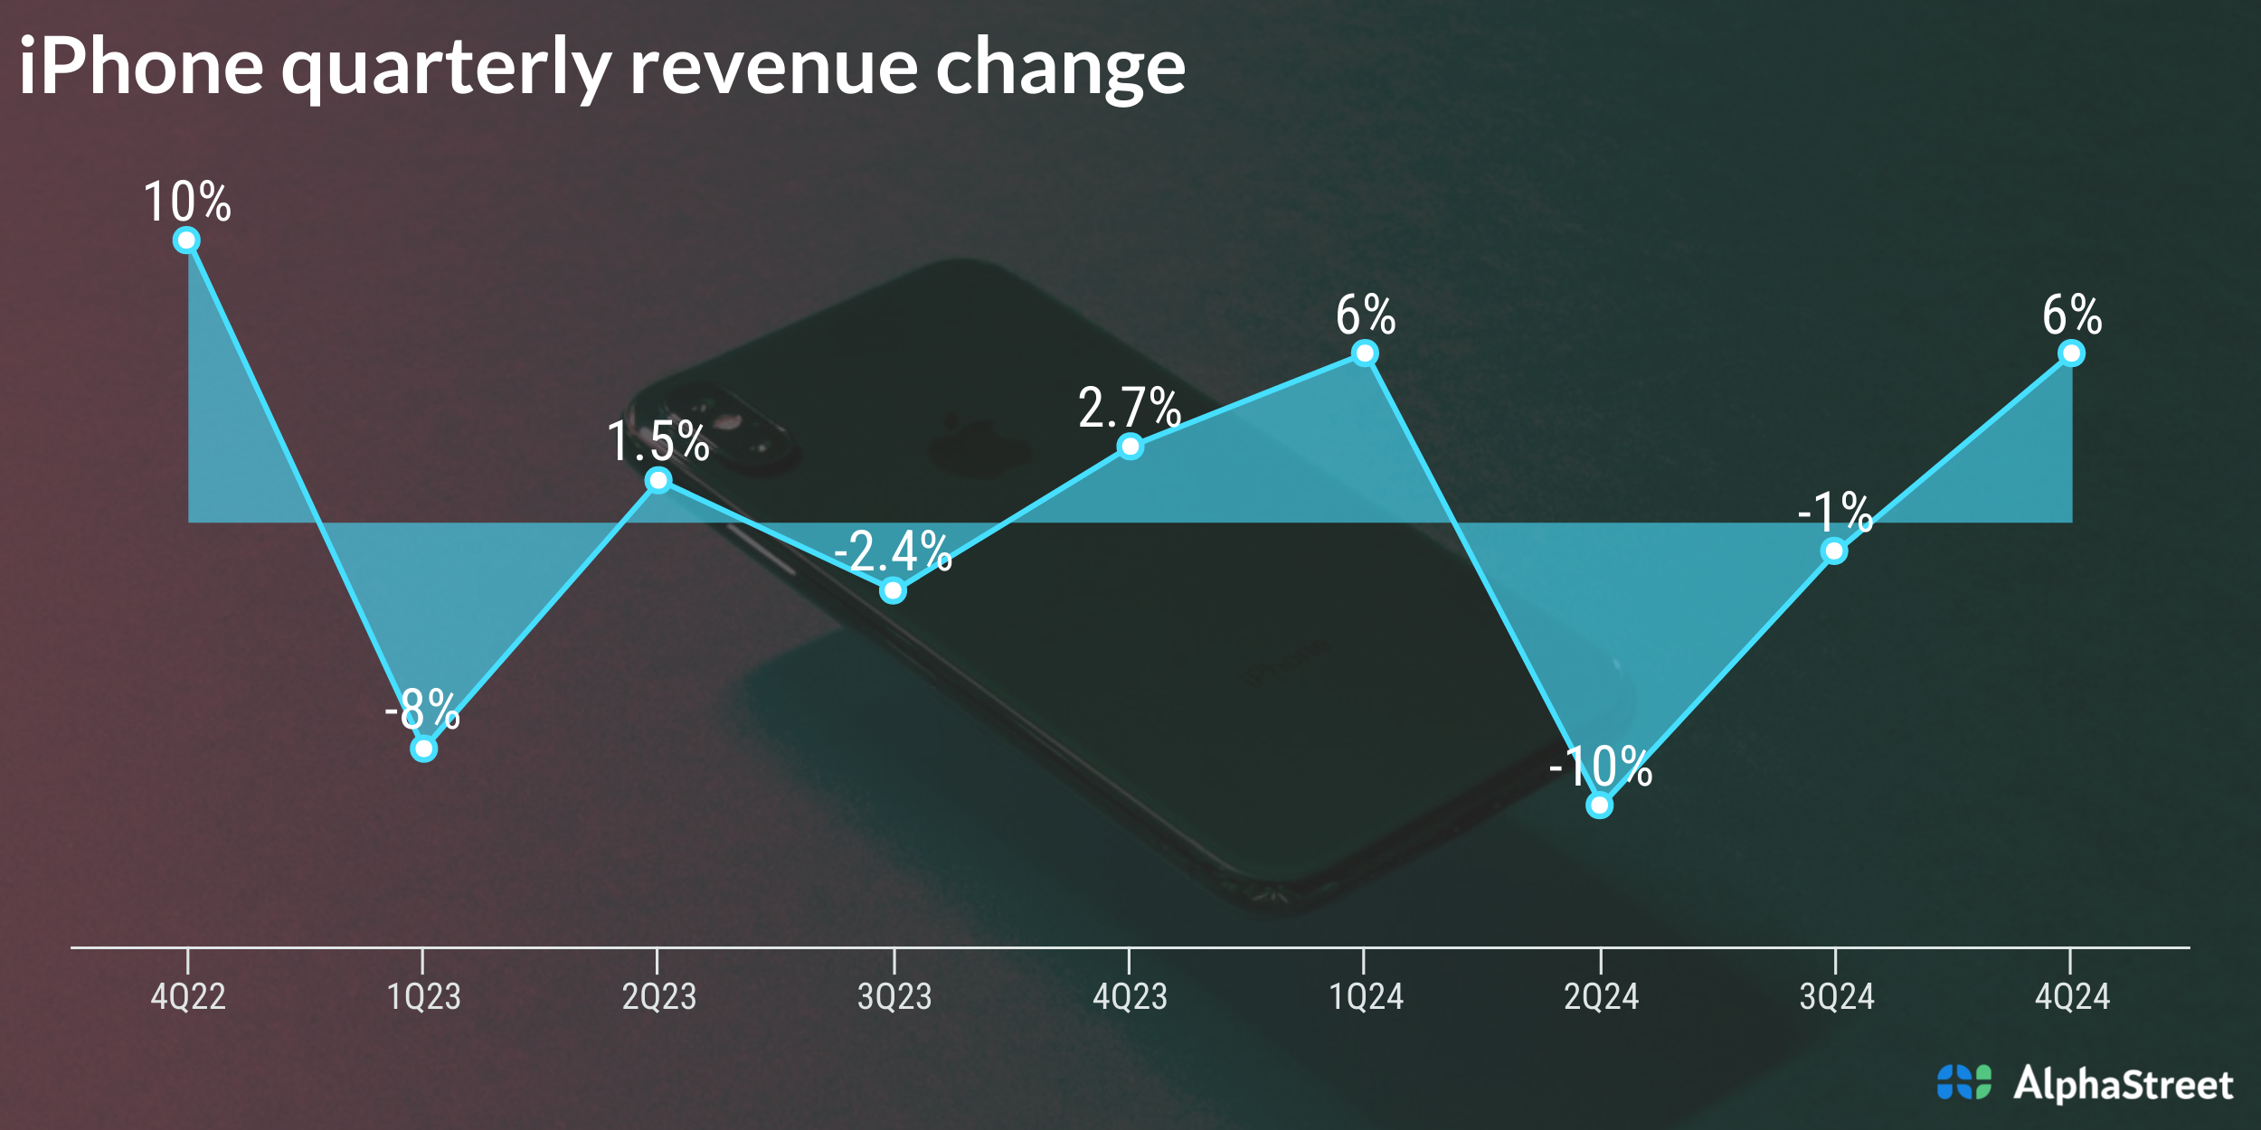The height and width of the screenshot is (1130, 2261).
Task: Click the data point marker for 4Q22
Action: pyautogui.click(x=186, y=240)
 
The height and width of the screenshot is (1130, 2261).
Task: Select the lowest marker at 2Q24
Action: pyautogui.click(x=1599, y=805)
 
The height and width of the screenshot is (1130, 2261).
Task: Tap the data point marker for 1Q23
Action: pyautogui.click(x=423, y=749)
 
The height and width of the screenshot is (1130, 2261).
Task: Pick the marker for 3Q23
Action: pyautogui.click(x=893, y=590)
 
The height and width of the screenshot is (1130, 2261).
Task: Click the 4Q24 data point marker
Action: pyautogui.click(x=2071, y=353)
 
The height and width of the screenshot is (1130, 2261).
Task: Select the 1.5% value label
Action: pyautogui.click(x=657, y=441)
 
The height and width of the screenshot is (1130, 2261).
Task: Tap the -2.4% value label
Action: pyautogui.click(x=893, y=551)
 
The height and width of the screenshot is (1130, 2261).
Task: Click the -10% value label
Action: pyautogui.click(x=1600, y=767)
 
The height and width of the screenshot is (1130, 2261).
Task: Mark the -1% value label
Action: pyautogui.click(x=1834, y=512)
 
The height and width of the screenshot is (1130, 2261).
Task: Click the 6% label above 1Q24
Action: pyautogui.click(x=1366, y=315)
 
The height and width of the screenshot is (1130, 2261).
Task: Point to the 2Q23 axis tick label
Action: pyautogui.click(x=658, y=996)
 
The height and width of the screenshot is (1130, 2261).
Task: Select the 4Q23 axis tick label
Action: pyautogui.click(x=1130, y=996)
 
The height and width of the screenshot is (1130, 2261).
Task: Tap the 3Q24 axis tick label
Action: pyautogui.click(x=1836, y=996)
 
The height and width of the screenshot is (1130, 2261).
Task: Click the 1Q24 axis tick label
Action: pyautogui.click(x=1366, y=996)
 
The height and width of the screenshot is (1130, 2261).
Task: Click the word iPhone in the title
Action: pyautogui.click(x=141, y=67)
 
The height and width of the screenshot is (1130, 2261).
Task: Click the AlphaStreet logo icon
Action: pyautogui.click(x=1963, y=1082)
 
